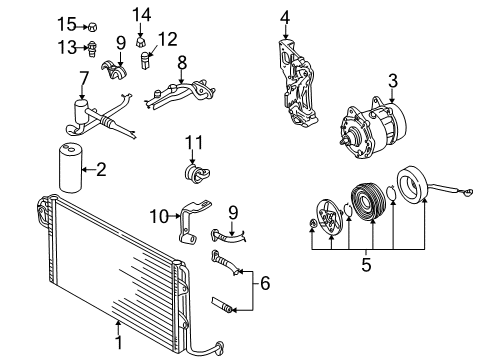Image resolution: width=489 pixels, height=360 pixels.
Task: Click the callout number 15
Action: (x=67, y=24)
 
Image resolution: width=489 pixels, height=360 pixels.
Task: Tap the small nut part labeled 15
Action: (x=92, y=27)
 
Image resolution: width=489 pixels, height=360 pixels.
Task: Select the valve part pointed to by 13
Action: (x=93, y=49)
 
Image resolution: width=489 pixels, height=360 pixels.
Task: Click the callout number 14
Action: (x=142, y=15)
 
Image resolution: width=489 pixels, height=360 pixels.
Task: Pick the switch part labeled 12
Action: (x=146, y=60)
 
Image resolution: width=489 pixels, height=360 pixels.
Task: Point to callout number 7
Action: (x=84, y=79)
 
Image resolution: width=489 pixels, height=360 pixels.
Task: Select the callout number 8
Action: (x=182, y=63)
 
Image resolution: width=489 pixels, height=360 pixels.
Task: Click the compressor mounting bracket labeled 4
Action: (x=297, y=83)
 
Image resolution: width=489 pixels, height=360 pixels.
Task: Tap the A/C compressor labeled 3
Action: (x=373, y=129)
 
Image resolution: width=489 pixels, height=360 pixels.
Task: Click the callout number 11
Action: (x=194, y=143)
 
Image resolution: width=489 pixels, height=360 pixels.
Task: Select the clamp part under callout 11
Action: (x=197, y=173)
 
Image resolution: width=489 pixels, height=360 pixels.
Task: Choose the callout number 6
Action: (x=265, y=283)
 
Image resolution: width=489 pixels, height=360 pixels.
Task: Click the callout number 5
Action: (x=366, y=265)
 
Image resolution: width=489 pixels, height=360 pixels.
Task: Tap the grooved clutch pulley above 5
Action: (x=368, y=201)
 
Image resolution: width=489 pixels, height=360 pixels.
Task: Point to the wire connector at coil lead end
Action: (x=468, y=192)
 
